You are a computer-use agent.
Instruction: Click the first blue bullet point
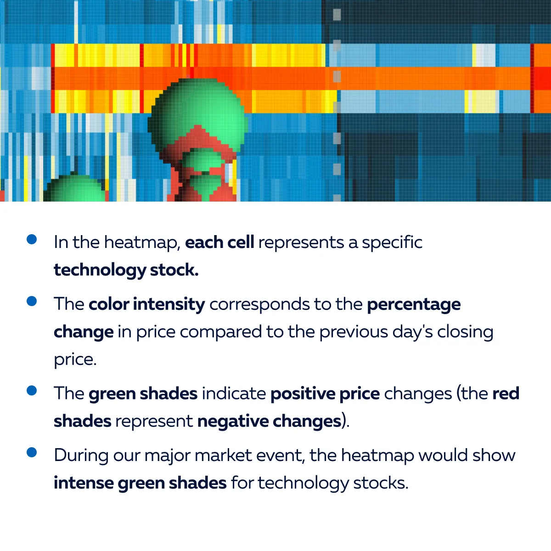pyautogui.click(x=32, y=239)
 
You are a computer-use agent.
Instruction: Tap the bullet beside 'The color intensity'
pyautogui.click(x=32, y=301)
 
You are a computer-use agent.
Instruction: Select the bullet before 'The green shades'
pyautogui.click(x=32, y=390)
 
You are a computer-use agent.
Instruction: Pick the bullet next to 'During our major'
pyautogui.click(x=32, y=452)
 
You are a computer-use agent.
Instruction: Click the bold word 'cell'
pyautogui.click(x=241, y=242)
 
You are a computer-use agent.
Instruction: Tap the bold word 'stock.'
pyautogui.click(x=174, y=270)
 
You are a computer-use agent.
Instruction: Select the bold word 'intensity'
pyautogui.click(x=169, y=304)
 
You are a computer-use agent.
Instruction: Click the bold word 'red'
pyautogui.click(x=506, y=394)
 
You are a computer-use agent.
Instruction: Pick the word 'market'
pyautogui.click(x=223, y=455)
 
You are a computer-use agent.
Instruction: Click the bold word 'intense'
pyautogui.click(x=84, y=483)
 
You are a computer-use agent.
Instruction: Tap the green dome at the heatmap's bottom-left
pyautogui.click(x=75, y=189)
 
